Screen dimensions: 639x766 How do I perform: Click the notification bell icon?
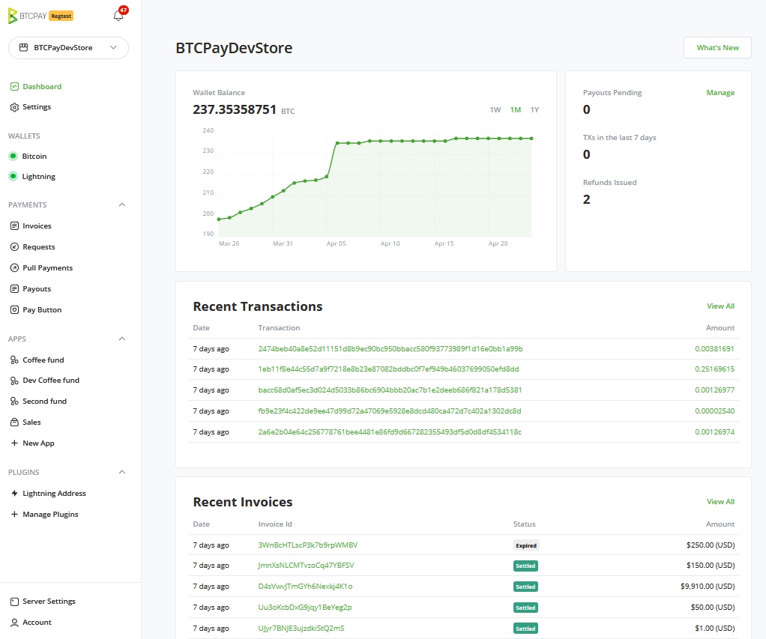click(x=118, y=16)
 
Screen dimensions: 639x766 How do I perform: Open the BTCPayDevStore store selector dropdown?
click(x=68, y=48)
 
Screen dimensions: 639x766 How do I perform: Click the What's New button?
click(x=717, y=48)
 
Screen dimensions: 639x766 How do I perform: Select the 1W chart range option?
click(x=495, y=110)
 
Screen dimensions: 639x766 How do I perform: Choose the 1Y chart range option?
click(x=534, y=110)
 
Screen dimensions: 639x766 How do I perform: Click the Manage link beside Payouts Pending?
click(x=720, y=93)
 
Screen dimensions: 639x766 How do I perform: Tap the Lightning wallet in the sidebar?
click(x=38, y=177)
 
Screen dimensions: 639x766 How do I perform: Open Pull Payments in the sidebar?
click(x=47, y=268)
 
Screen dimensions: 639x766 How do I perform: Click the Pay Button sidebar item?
click(x=42, y=310)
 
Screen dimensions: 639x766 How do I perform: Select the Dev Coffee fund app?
click(x=50, y=381)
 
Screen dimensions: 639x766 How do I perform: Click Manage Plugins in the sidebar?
click(x=50, y=515)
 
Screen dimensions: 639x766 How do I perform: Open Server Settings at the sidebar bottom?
click(x=49, y=602)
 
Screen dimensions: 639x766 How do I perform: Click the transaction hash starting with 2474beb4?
click(x=390, y=349)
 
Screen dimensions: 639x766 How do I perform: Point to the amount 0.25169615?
click(x=714, y=369)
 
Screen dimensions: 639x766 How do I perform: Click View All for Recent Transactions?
click(x=720, y=306)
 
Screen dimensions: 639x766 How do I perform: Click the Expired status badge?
click(x=526, y=545)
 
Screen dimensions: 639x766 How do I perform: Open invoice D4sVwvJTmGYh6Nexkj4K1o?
click(x=305, y=587)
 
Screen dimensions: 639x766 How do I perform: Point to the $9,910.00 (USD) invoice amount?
click(x=708, y=587)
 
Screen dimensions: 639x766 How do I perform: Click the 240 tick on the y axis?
click(x=208, y=131)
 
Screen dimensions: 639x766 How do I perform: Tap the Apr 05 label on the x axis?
click(x=337, y=243)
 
